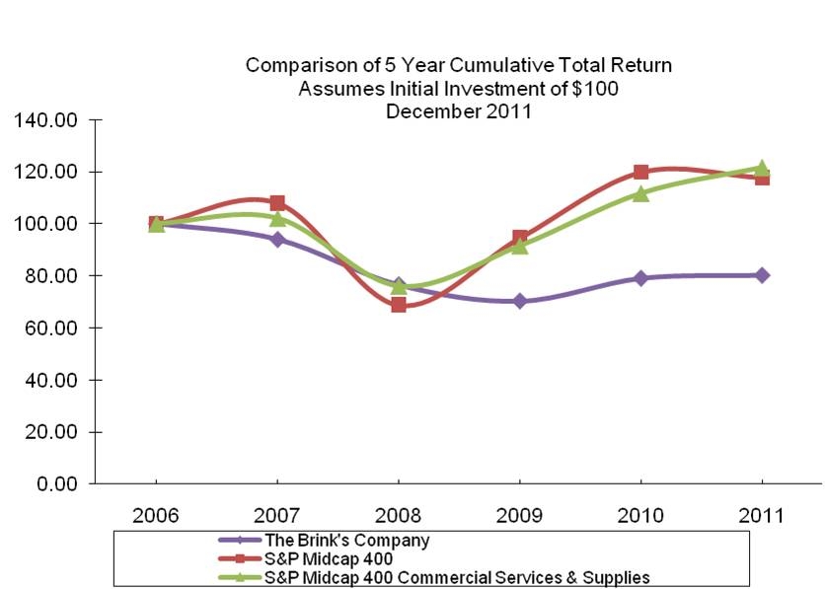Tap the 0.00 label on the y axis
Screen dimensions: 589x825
[x=56, y=484]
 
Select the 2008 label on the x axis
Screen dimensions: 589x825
[x=398, y=516]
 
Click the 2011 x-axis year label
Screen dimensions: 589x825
[x=762, y=516]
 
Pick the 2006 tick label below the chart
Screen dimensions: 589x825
[x=156, y=516]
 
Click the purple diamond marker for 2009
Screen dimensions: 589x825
[x=520, y=301]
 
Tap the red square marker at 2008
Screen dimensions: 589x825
[x=399, y=305]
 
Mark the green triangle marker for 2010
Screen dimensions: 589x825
[x=641, y=193]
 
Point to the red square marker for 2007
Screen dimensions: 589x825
[x=277, y=202]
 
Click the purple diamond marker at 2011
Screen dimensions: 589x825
[x=762, y=275]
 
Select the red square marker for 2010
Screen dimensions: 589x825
[x=641, y=172]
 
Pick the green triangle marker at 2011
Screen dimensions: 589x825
[x=762, y=168]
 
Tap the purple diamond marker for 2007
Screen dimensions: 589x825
[x=277, y=239]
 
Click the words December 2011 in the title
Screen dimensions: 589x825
[x=458, y=111]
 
